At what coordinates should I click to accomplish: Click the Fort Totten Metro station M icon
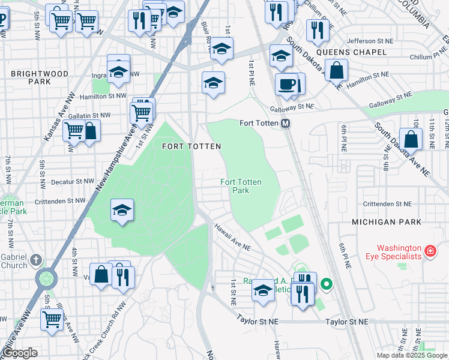[286, 123]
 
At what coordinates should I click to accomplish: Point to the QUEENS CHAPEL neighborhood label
[351, 52]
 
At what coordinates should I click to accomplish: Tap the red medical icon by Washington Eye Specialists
[430, 251]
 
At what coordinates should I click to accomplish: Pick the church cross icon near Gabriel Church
[36, 260]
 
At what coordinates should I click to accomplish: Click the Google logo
[20, 353]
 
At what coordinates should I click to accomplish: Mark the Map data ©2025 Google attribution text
[412, 355]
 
